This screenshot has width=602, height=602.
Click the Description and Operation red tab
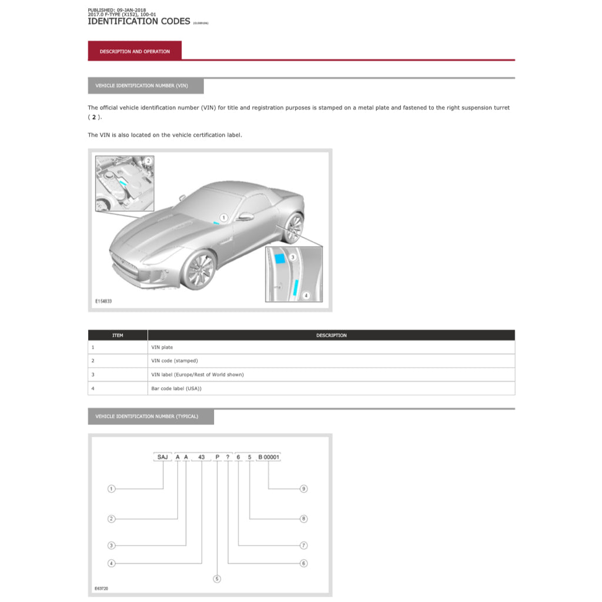[135, 51]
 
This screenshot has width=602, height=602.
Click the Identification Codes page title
[139, 21]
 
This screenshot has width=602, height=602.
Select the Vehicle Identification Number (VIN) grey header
[146, 86]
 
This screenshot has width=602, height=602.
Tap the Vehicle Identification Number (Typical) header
[150, 416]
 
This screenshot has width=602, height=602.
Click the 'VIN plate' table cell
[162, 347]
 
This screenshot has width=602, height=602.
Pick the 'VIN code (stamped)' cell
[175, 361]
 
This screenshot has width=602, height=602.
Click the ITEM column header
[118, 335]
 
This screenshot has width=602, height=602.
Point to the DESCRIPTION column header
[331, 335]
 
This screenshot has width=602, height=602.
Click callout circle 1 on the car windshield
[224, 218]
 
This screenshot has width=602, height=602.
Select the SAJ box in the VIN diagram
[162, 457]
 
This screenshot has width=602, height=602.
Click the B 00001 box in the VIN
[269, 457]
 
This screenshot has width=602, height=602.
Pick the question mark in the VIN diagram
[227, 457]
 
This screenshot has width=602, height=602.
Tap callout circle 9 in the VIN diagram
[303, 489]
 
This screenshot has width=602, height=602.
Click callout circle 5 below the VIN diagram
[217, 579]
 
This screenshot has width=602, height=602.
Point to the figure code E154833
[103, 301]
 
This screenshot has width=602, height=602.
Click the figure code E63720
[102, 588]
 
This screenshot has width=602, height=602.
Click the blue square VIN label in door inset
[280, 257]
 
